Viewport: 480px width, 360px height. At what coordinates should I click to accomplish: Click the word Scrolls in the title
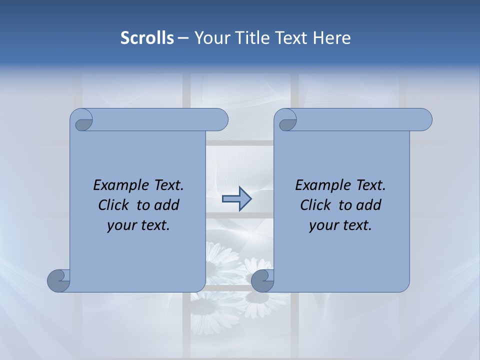pyautogui.click(x=147, y=38)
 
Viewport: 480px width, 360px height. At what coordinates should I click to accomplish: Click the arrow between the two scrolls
pyautogui.click(x=236, y=199)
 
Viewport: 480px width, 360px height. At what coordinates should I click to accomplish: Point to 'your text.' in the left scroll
pyautogui.click(x=138, y=225)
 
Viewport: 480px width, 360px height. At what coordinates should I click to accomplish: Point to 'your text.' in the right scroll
pyautogui.click(x=340, y=225)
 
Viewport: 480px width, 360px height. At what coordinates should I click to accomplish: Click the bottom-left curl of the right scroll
pyautogui.click(x=262, y=280)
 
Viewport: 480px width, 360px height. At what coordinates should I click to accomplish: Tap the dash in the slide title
pyautogui.click(x=183, y=38)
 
